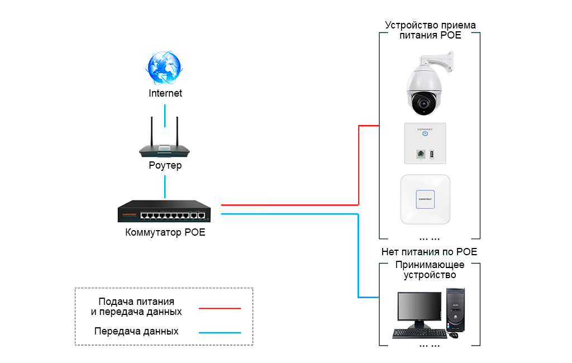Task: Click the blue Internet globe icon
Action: coord(164,68)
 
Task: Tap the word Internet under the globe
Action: coord(165,93)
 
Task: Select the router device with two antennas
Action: coord(165,149)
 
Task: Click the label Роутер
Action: coord(165,166)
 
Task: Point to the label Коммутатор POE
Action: coord(165,232)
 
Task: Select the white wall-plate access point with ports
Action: coord(425,143)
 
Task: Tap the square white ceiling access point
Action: coord(425,199)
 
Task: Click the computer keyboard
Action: coord(420,333)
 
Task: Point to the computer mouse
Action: coord(454,335)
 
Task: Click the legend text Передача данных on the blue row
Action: coord(137,331)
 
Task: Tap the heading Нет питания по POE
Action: coord(429,252)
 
